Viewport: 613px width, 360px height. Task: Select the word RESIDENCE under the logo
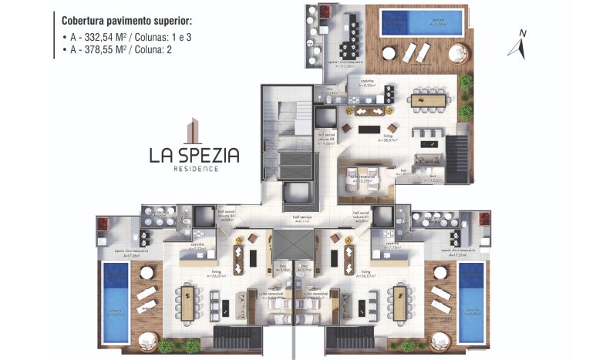[195, 168]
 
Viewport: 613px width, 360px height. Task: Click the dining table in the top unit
[430, 99]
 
